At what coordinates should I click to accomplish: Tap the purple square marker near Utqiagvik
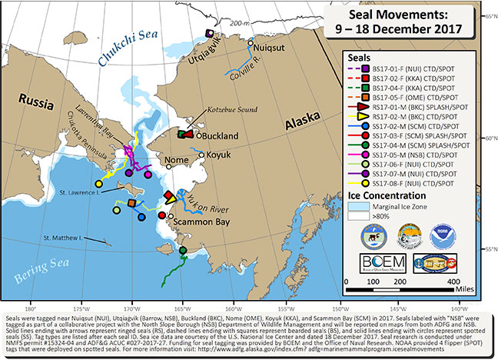tap(209, 32)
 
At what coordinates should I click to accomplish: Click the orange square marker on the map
tap(132, 203)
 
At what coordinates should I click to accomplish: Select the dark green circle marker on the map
tap(182, 251)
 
